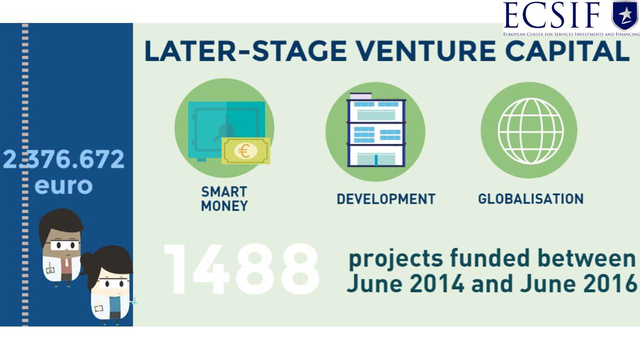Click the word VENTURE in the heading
pos(426,51)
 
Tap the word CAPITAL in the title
pos(567,51)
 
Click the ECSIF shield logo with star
pos(625,15)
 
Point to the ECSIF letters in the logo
pos(552,15)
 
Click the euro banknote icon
pos(245,151)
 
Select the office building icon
pos(376,130)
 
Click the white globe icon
pos(530,131)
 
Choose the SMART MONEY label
pos(224,199)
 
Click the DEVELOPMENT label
pos(386,199)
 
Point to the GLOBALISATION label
pos(531,199)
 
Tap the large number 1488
pos(241,269)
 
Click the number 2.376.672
pos(63,159)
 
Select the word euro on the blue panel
pos(63,185)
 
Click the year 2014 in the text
pos(437,283)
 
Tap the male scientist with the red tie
pos(61,247)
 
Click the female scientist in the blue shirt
pos(108,285)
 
